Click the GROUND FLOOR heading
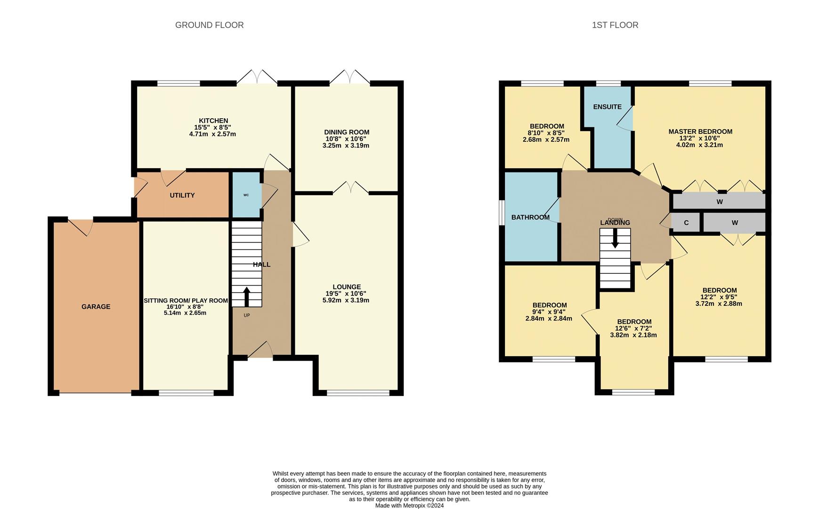[x=209, y=25]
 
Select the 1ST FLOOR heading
[x=615, y=25]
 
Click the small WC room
[x=246, y=195]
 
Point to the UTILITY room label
[x=182, y=195]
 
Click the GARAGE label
[x=96, y=306]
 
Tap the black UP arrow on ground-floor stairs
[x=246, y=296]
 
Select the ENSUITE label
[x=607, y=107]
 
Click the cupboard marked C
[x=686, y=222]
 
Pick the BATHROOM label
[x=530, y=217]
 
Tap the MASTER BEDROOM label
[x=700, y=131]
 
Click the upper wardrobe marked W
[x=719, y=202]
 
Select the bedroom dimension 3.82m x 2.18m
[x=633, y=335]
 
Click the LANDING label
[x=615, y=223]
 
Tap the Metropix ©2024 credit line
[x=409, y=505]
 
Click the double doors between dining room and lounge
[x=350, y=188]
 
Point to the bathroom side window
[x=502, y=217]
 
